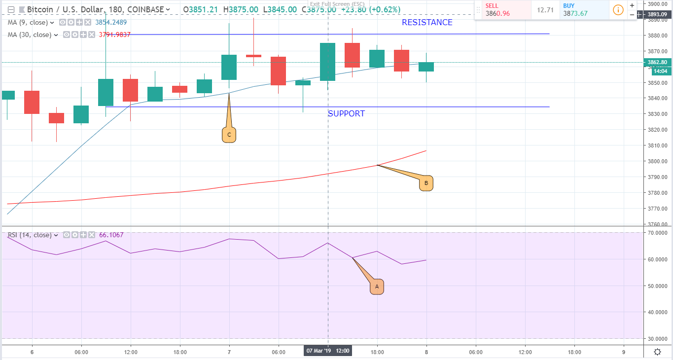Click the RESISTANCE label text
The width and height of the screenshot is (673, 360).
point(427,23)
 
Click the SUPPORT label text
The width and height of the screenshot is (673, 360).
point(347,114)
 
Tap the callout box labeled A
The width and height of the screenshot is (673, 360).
point(377,287)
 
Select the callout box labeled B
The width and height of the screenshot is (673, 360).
point(426,184)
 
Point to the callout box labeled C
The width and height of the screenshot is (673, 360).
point(229,135)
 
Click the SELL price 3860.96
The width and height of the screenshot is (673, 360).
point(498,14)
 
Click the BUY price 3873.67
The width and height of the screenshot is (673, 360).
point(575,14)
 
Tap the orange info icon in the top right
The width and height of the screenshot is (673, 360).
point(617,9)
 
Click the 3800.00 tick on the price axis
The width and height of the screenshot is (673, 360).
point(658,161)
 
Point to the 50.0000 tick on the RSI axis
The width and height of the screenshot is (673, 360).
point(658,286)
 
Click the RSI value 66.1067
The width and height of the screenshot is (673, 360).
point(111,235)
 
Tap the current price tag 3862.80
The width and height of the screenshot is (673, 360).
point(657,63)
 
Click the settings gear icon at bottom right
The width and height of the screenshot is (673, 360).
point(658,352)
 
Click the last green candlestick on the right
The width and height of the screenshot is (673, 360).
point(426,67)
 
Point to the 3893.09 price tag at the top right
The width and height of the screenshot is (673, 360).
point(657,15)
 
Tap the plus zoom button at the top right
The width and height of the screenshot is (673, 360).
point(632,5)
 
